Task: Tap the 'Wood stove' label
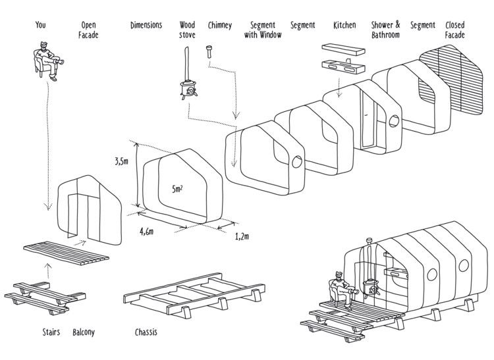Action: click(x=188, y=30)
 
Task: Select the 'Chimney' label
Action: click(x=219, y=25)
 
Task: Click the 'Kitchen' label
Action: click(x=344, y=25)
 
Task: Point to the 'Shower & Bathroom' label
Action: click(x=385, y=30)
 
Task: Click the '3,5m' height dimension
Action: click(x=121, y=160)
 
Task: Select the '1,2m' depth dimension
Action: click(x=241, y=236)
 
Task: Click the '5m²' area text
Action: click(x=177, y=189)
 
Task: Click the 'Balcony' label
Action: click(x=84, y=332)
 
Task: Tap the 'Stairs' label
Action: click(x=51, y=332)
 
